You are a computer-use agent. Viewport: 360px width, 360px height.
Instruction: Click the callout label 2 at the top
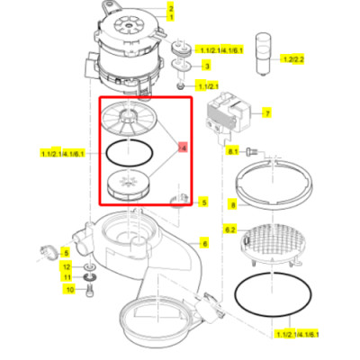coord(171,7)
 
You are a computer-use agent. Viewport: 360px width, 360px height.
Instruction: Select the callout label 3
coord(208,66)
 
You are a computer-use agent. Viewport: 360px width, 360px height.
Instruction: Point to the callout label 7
coord(266,113)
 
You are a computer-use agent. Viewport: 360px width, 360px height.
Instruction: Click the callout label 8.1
coord(231,153)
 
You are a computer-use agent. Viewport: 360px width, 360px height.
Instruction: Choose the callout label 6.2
coord(229,231)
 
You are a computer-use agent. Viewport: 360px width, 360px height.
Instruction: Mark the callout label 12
coord(66,267)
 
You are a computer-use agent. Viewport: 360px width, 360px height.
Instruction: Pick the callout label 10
coord(67,290)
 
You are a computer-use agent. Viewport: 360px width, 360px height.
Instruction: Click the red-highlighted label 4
coord(184,147)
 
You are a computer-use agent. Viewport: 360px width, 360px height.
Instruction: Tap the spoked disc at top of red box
coord(130,118)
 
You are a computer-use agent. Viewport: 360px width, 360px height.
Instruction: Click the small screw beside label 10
coord(90,290)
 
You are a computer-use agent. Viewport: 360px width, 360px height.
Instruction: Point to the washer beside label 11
coord(89,278)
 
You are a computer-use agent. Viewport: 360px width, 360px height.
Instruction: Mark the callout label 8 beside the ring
coord(231,205)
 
